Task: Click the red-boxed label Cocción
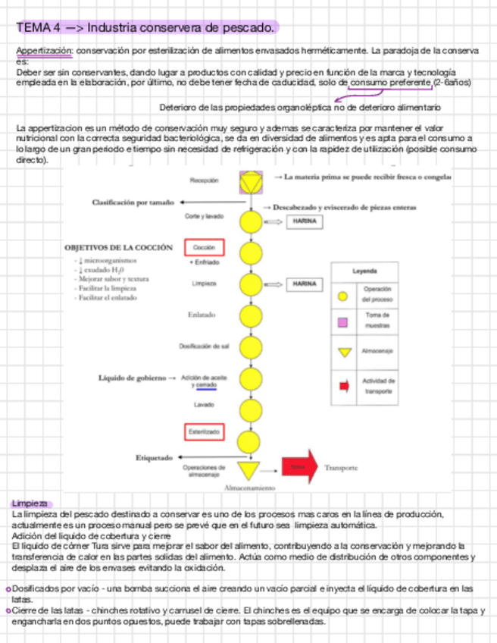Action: coord(204,248)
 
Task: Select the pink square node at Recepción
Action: coord(249,181)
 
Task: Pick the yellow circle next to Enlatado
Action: coord(249,315)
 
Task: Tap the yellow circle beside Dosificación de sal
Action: coord(249,347)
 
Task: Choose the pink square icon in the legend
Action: coord(343,323)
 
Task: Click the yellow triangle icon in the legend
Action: coord(344,353)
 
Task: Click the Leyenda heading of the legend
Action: coord(364,271)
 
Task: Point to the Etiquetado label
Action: coord(154,457)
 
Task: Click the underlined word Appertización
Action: coord(44,50)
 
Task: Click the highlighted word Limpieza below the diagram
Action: coord(30,503)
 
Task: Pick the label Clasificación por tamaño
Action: coord(133,202)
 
